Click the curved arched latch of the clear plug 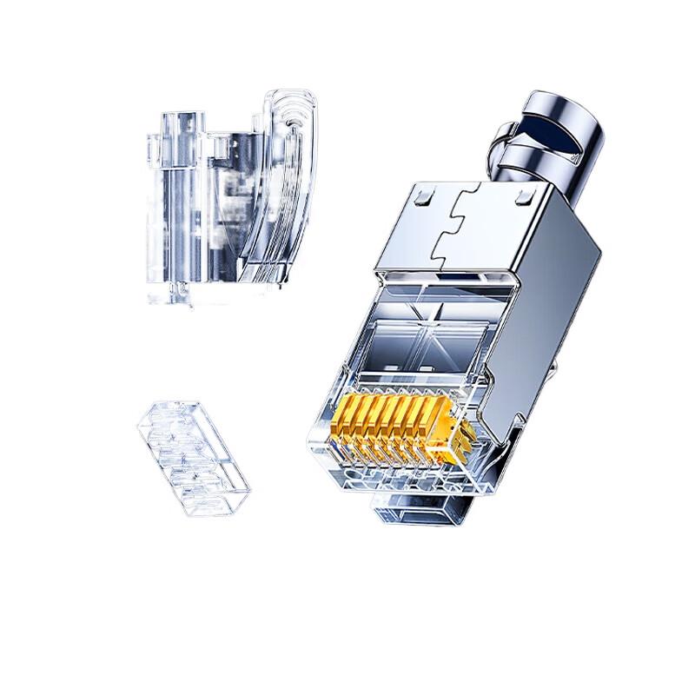[x=287, y=174]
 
